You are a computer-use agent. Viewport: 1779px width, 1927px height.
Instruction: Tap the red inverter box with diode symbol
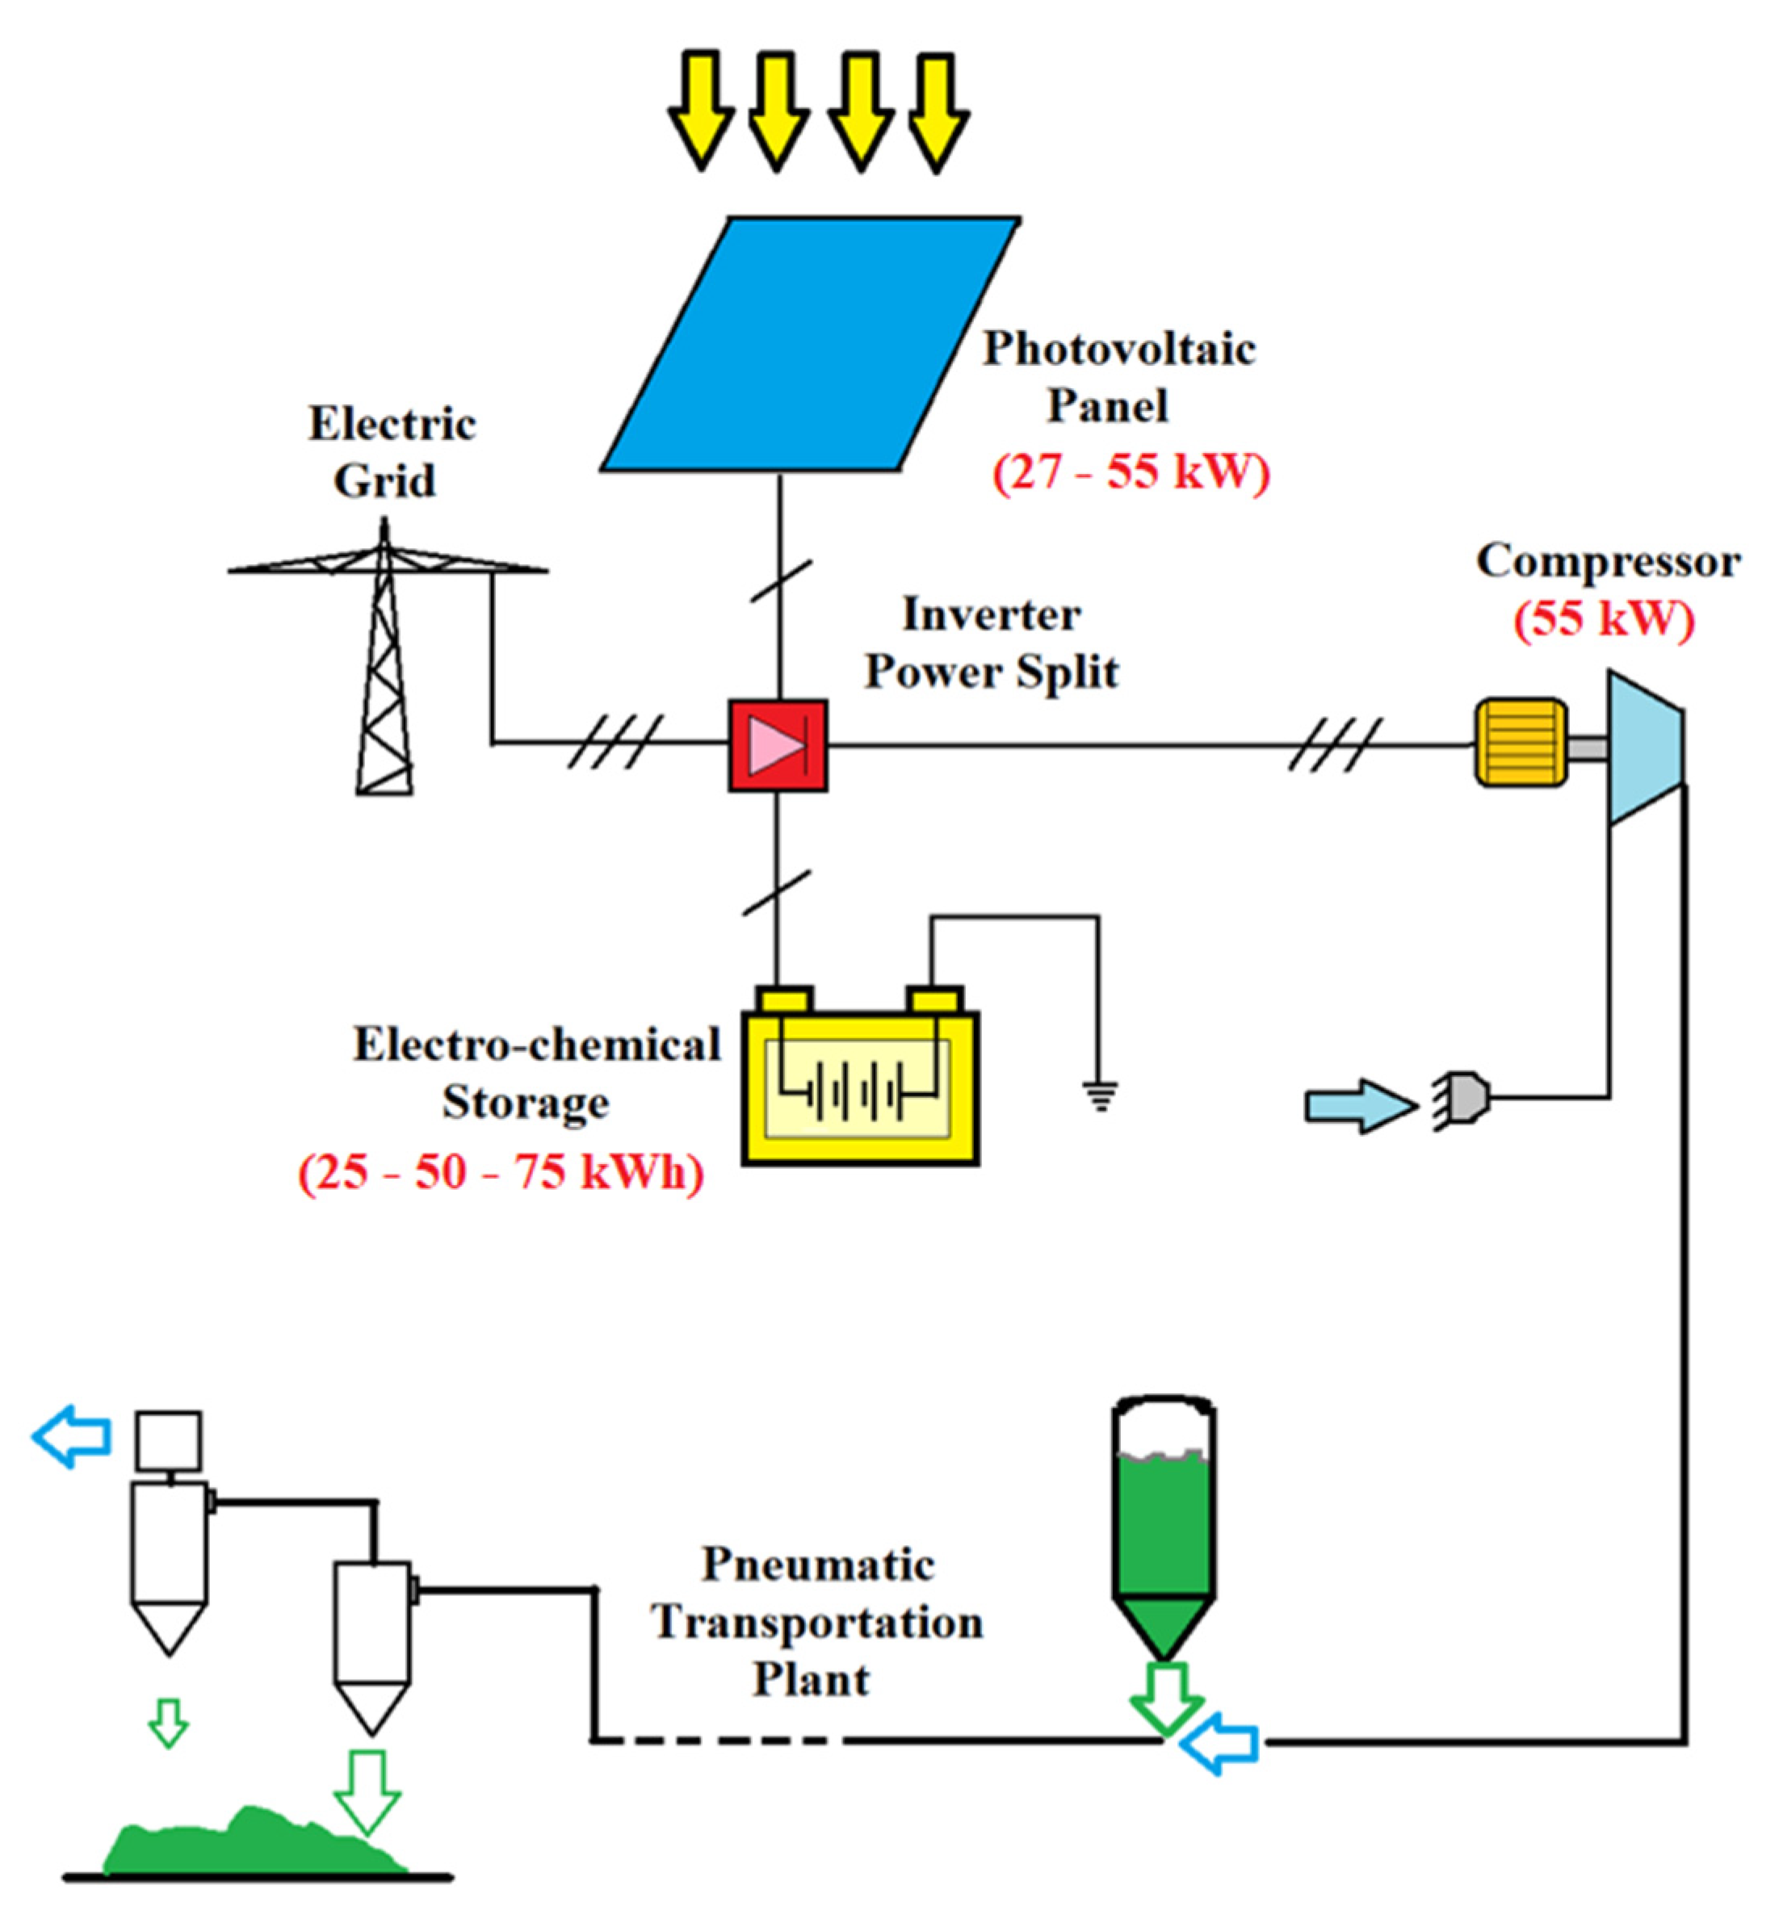(x=777, y=746)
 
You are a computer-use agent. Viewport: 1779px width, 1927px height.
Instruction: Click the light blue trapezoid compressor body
(x=1644, y=747)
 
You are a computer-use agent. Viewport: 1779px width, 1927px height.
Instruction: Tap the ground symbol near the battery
(x=1101, y=1095)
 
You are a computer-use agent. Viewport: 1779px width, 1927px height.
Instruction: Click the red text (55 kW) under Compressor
(x=1604, y=619)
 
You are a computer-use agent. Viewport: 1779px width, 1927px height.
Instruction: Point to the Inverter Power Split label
(x=992, y=643)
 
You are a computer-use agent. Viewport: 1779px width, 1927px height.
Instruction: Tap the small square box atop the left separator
(x=169, y=1440)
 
